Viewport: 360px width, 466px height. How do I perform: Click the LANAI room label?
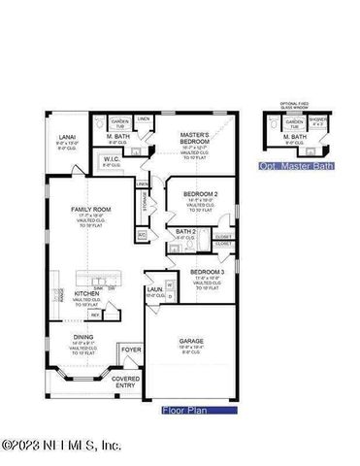[67, 137]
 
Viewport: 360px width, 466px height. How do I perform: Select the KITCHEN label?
[87, 292]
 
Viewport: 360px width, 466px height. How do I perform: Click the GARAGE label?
[191, 341]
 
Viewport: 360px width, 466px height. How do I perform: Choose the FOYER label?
[131, 350]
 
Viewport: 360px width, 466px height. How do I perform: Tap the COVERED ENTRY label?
[126, 382]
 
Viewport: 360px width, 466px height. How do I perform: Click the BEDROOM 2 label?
[200, 194]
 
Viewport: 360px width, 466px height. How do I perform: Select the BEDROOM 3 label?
[206, 271]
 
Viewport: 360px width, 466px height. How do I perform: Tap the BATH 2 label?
[186, 231]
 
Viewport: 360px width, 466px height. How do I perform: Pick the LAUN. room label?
[154, 288]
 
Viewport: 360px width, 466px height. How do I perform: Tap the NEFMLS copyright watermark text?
[60, 446]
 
